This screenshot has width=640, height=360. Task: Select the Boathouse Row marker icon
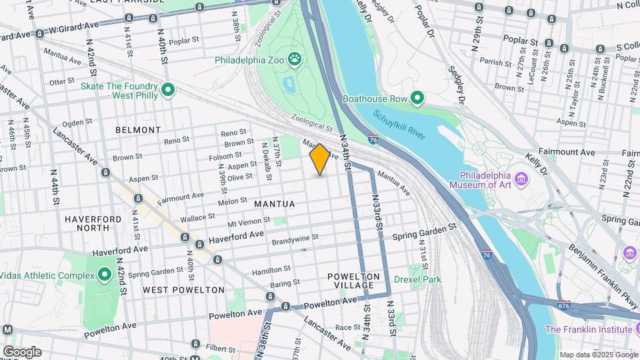tap(417, 99)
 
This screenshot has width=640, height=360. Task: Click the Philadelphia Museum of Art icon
tap(522, 179)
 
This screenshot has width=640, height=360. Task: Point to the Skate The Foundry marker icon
tap(168, 90)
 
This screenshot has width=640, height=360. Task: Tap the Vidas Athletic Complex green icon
tap(104, 275)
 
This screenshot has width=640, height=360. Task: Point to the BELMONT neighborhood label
tap(138, 130)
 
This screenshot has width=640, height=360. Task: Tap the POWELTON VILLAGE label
tap(353, 281)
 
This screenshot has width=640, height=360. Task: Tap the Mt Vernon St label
tap(249, 221)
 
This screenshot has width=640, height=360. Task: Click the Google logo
tap(22, 351)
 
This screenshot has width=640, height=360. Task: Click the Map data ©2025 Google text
tap(597, 355)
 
